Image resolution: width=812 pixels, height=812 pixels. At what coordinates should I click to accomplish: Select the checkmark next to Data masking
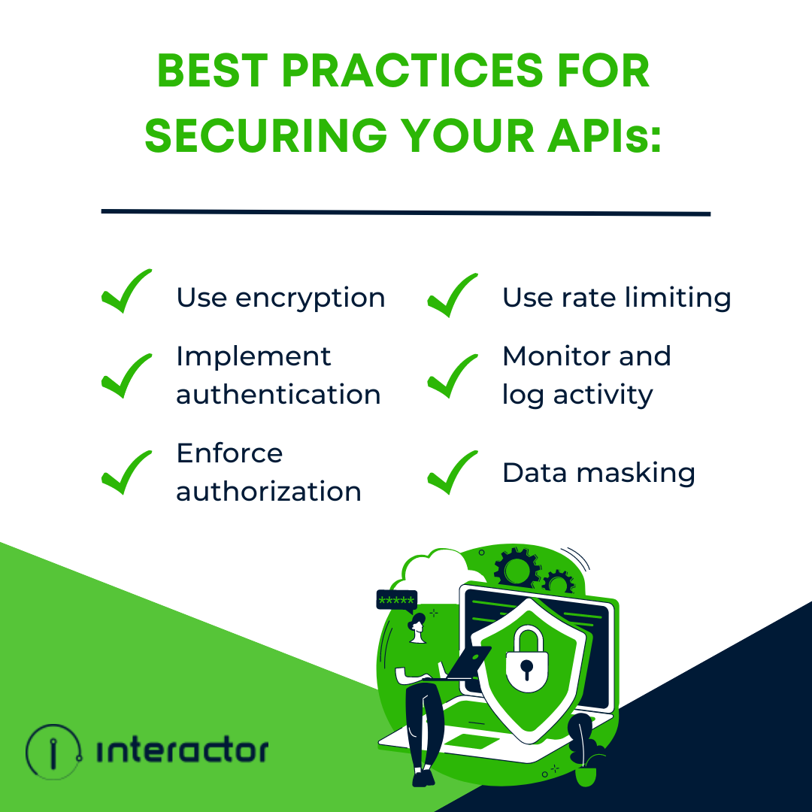pos(452,473)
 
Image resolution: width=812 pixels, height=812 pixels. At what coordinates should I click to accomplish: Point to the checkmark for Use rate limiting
pos(452,295)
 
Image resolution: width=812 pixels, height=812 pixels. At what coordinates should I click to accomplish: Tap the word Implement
pos(253,357)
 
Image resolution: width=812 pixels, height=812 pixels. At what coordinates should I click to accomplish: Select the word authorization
pos(268,492)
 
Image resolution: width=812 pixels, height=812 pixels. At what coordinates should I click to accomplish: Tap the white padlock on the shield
pos(526,657)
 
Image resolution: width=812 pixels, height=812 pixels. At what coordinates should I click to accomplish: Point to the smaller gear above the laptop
pos(557,583)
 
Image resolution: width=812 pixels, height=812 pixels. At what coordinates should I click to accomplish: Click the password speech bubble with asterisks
pos(396,600)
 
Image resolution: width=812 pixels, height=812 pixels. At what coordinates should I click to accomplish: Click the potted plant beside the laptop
pos(583,744)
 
